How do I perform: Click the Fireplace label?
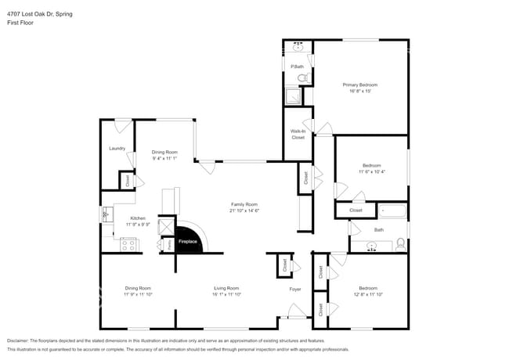pyautogui.click(x=188, y=242)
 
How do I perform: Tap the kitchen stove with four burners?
pyautogui.click(x=129, y=243)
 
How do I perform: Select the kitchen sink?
pyautogui.click(x=105, y=214)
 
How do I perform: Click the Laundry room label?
pyautogui.click(x=117, y=148)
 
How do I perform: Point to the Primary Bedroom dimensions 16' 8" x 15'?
pyautogui.click(x=360, y=91)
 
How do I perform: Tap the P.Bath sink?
pyautogui.click(x=298, y=47)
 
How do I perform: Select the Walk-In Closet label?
pyautogui.click(x=298, y=134)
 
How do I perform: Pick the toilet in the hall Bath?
pyautogui.click(x=401, y=243)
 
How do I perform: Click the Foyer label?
pyautogui.click(x=295, y=289)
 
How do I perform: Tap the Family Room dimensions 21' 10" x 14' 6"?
pyautogui.click(x=244, y=211)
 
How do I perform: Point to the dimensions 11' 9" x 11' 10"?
pyautogui.click(x=137, y=295)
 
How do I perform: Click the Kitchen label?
pyautogui.click(x=138, y=218)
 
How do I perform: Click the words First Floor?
pyautogui.click(x=20, y=23)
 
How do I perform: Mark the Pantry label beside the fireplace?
pyautogui.click(x=170, y=243)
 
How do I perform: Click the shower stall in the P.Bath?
pyautogui.click(x=292, y=96)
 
